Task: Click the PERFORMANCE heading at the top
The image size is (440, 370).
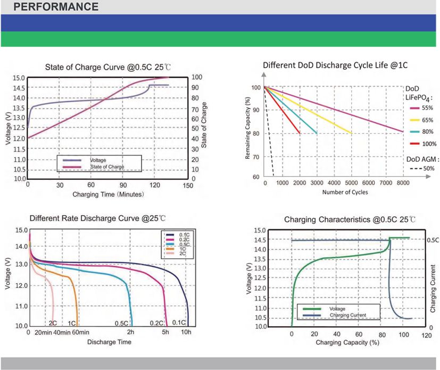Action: [56, 7]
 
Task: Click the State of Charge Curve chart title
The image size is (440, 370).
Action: [108, 68]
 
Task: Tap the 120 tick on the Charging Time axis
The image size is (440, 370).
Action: [155, 185]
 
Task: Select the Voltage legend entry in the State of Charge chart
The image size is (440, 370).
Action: [85, 160]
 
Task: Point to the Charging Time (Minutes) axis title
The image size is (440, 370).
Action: [108, 194]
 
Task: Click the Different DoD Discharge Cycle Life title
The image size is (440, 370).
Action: [335, 65]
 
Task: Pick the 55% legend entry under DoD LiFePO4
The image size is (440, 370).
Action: [421, 108]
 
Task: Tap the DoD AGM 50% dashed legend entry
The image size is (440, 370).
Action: [422, 168]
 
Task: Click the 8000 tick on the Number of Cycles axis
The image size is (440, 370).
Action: [403, 183]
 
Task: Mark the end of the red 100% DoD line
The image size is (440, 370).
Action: [300, 133]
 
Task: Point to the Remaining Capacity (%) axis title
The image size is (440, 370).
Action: [247, 128]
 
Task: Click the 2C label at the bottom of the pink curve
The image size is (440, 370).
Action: [53, 323]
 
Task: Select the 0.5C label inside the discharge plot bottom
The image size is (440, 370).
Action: [121, 323]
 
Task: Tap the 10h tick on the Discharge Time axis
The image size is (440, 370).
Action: [186, 332]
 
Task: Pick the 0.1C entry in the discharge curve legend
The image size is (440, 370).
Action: [178, 235]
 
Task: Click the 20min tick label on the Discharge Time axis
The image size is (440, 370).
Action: [43, 332]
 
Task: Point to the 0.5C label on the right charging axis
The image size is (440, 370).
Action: [433, 240]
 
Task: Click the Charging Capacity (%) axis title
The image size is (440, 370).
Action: [347, 342]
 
